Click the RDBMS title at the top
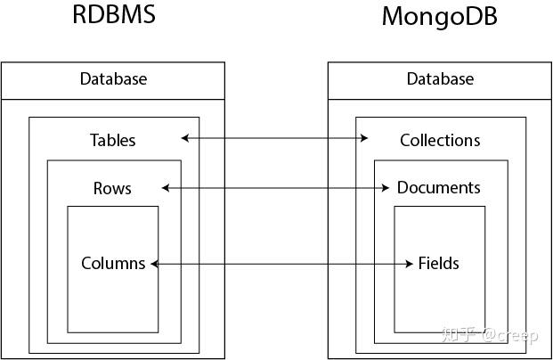(x=114, y=16)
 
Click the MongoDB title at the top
(x=439, y=17)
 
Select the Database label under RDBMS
(x=113, y=79)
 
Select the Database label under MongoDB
(x=440, y=79)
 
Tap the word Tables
(x=113, y=140)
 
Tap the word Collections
(x=440, y=140)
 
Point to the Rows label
(x=112, y=188)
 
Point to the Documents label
(x=438, y=188)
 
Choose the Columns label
(x=113, y=263)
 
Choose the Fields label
(x=438, y=263)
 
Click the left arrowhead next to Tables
(x=184, y=138)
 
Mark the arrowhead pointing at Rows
(x=166, y=188)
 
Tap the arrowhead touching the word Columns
(x=154, y=264)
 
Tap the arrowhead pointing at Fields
(x=411, y=264)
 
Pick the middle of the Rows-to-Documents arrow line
(x=276, y=188)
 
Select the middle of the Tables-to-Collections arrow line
(x=274, y=138)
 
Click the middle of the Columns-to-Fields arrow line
(x=282, y=264)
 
